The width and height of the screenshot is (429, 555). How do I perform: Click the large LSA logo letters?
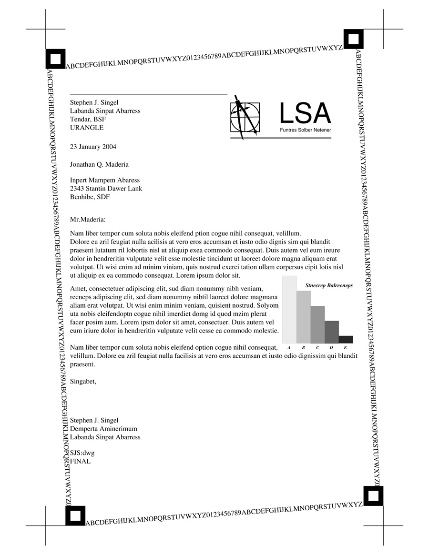click(305, 113)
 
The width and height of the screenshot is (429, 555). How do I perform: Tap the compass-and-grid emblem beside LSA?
click(245, 117)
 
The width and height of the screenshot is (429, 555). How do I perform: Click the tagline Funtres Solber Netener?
click(305, 130)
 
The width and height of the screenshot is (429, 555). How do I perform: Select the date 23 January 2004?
click(93, 147)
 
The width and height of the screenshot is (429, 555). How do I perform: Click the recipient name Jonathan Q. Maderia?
click(99, 164)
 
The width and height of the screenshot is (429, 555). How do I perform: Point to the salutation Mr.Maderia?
click(87, 220)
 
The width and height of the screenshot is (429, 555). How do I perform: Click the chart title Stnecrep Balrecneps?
click(329, 285)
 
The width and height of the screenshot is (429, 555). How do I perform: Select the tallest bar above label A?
click(289, 309)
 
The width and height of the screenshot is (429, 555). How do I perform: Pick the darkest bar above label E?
click(346, 339)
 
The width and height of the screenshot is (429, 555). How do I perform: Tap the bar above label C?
click(317, 324)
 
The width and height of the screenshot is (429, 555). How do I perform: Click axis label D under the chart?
click(331, 348)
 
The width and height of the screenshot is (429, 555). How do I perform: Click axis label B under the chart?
click(303, 348)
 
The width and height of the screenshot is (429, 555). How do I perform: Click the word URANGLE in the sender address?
click(87, 128)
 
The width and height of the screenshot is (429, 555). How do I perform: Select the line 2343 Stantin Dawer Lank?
click(106, 188)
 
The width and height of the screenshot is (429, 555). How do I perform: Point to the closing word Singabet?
click(83, 381)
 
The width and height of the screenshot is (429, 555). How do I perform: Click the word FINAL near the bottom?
click(80, 461)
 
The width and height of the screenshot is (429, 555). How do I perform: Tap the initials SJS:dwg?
click(82, 453)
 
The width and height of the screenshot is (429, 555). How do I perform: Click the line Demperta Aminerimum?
click(103, 429)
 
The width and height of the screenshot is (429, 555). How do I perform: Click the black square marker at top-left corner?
click(56, 59)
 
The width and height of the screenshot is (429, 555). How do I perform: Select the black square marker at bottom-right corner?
click(373, 496)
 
